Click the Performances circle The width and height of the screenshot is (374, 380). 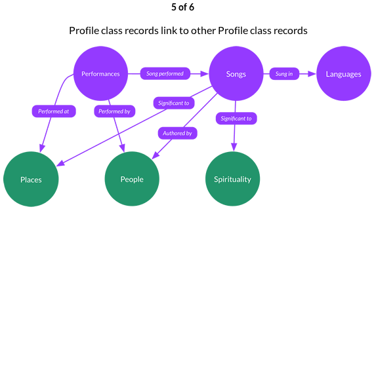coord(100,73)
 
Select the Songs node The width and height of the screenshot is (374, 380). coord(236,73)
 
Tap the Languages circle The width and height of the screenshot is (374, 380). coord(343,73)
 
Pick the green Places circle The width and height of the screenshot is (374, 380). coord(31,179)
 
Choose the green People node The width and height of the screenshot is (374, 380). coord(132,179)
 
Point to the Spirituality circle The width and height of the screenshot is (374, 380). coord(232,179)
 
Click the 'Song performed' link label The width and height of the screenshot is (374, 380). coord(165,73)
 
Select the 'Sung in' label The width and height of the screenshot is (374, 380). coord(284,73)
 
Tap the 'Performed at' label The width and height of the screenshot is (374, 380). coord(54,111)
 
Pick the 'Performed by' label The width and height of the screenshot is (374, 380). coord(115,111)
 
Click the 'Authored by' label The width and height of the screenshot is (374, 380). coord(177,133)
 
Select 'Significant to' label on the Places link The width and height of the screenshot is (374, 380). coord(174,103)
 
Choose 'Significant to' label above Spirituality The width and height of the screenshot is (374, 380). coord(236,119)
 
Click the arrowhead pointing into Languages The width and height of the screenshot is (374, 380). coord(312,73)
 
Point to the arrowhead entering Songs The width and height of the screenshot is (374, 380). coord(204,73)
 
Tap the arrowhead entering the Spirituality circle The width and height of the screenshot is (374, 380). coord(234,147)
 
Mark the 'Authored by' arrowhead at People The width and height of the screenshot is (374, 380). coord(155,155)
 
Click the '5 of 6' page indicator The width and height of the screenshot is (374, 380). coord(183,7)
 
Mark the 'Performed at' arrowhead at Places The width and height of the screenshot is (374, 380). coord(42,148)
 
